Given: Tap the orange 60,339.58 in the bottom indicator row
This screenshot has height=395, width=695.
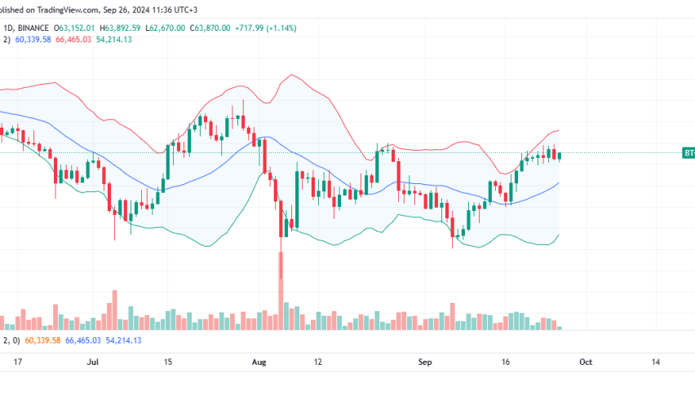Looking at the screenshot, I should click(44, 340).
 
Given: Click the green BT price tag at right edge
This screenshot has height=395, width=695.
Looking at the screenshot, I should click(688, 152).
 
